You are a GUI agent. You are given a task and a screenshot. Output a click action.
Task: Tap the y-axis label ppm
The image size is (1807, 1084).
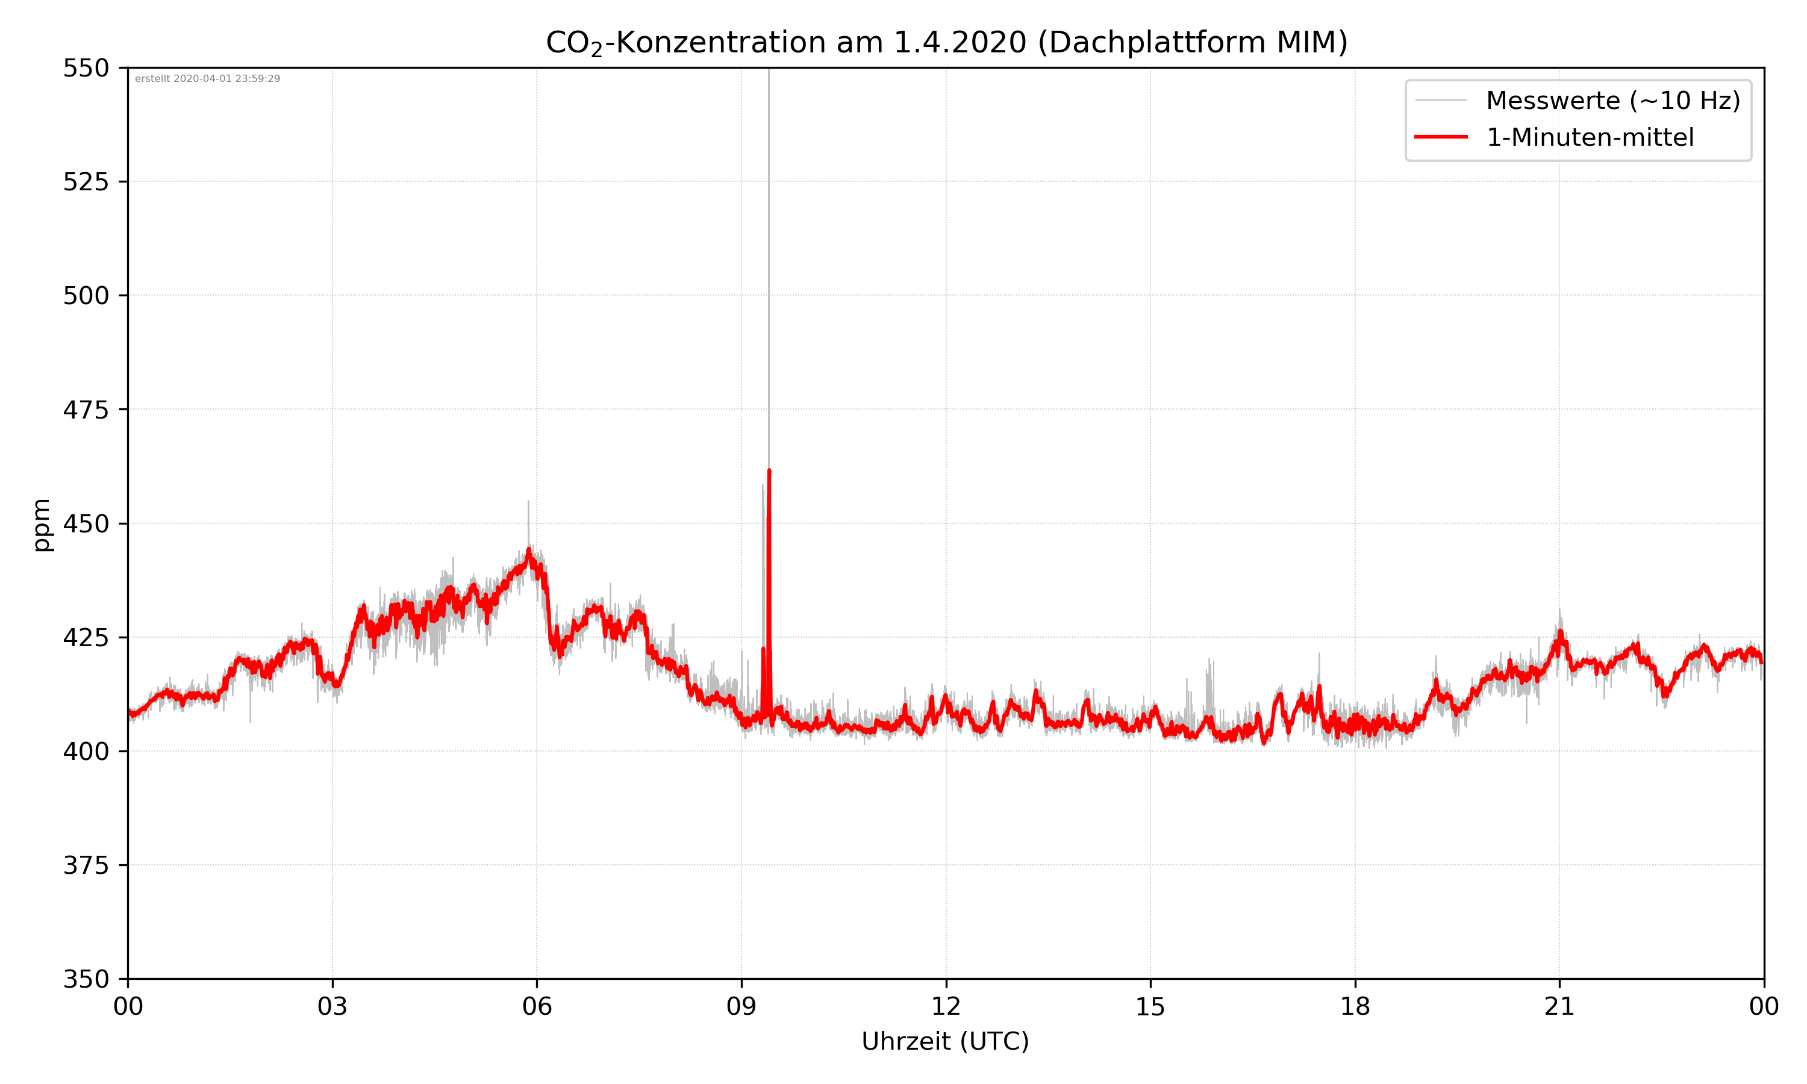point(42,525)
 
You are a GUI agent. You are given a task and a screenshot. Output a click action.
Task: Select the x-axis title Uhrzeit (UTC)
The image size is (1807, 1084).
point(945,1041)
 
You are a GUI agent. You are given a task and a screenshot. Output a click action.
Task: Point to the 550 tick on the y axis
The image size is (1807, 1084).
point(86,68)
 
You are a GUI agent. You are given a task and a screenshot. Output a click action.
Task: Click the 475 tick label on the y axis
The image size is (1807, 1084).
point(86,410)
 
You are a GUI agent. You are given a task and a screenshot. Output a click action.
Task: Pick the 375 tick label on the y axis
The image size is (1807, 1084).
point(86,865)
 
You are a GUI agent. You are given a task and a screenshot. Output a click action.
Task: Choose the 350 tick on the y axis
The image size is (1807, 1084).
point(86,979)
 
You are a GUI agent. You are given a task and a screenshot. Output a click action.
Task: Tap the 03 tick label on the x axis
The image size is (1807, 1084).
point(332,1006)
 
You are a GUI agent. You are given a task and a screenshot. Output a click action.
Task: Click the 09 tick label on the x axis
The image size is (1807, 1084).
point(741,1006)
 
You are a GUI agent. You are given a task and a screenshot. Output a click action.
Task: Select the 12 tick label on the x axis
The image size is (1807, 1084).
point(946,1006)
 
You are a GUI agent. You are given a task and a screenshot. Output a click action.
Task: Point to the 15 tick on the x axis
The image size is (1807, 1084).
point(1150,1006)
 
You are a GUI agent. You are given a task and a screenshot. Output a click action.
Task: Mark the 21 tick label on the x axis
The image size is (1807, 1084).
point(1559,1006)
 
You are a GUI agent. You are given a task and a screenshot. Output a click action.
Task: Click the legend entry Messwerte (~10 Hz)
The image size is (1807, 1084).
point(1612,101)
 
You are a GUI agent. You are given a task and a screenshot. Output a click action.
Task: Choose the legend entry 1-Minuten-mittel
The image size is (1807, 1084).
point(1590,137)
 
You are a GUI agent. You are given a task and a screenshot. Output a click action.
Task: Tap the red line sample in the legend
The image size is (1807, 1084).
point(1440,137)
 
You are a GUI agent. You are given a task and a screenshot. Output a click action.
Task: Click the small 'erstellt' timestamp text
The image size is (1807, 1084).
point(207,79)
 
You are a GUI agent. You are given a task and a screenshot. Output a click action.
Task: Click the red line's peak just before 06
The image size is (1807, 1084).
point(529,550)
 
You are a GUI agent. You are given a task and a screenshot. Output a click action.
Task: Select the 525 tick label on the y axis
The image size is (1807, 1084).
point(86,182)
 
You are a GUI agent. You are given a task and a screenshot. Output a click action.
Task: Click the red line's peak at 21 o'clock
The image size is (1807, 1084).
point(1559,632)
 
